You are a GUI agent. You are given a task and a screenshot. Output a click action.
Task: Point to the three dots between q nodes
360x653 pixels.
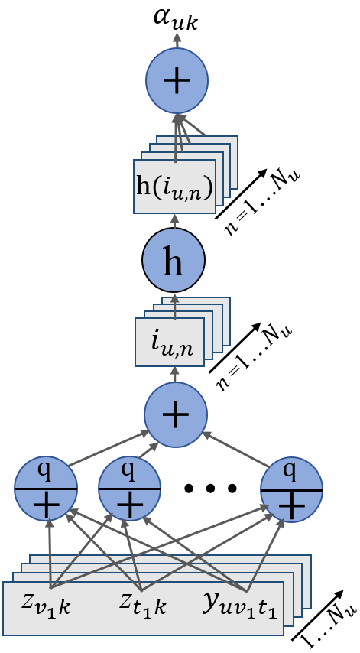tap(210, 488)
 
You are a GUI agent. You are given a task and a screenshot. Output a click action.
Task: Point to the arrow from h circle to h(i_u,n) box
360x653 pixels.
tap(174, 221)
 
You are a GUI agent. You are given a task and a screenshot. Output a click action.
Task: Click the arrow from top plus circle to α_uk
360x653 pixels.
tap(177, 44)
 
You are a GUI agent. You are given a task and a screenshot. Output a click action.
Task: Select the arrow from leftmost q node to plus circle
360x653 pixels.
tap(107, 447)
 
